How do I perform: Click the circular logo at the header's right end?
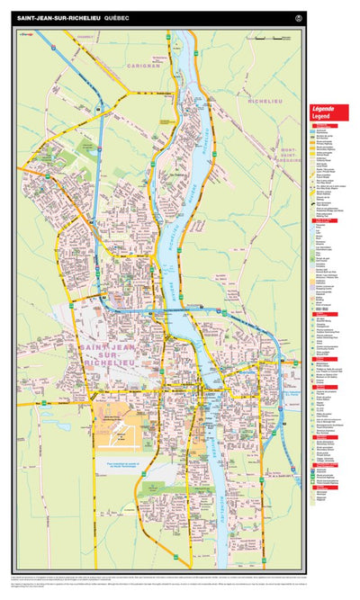298,17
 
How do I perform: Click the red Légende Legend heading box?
329,112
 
